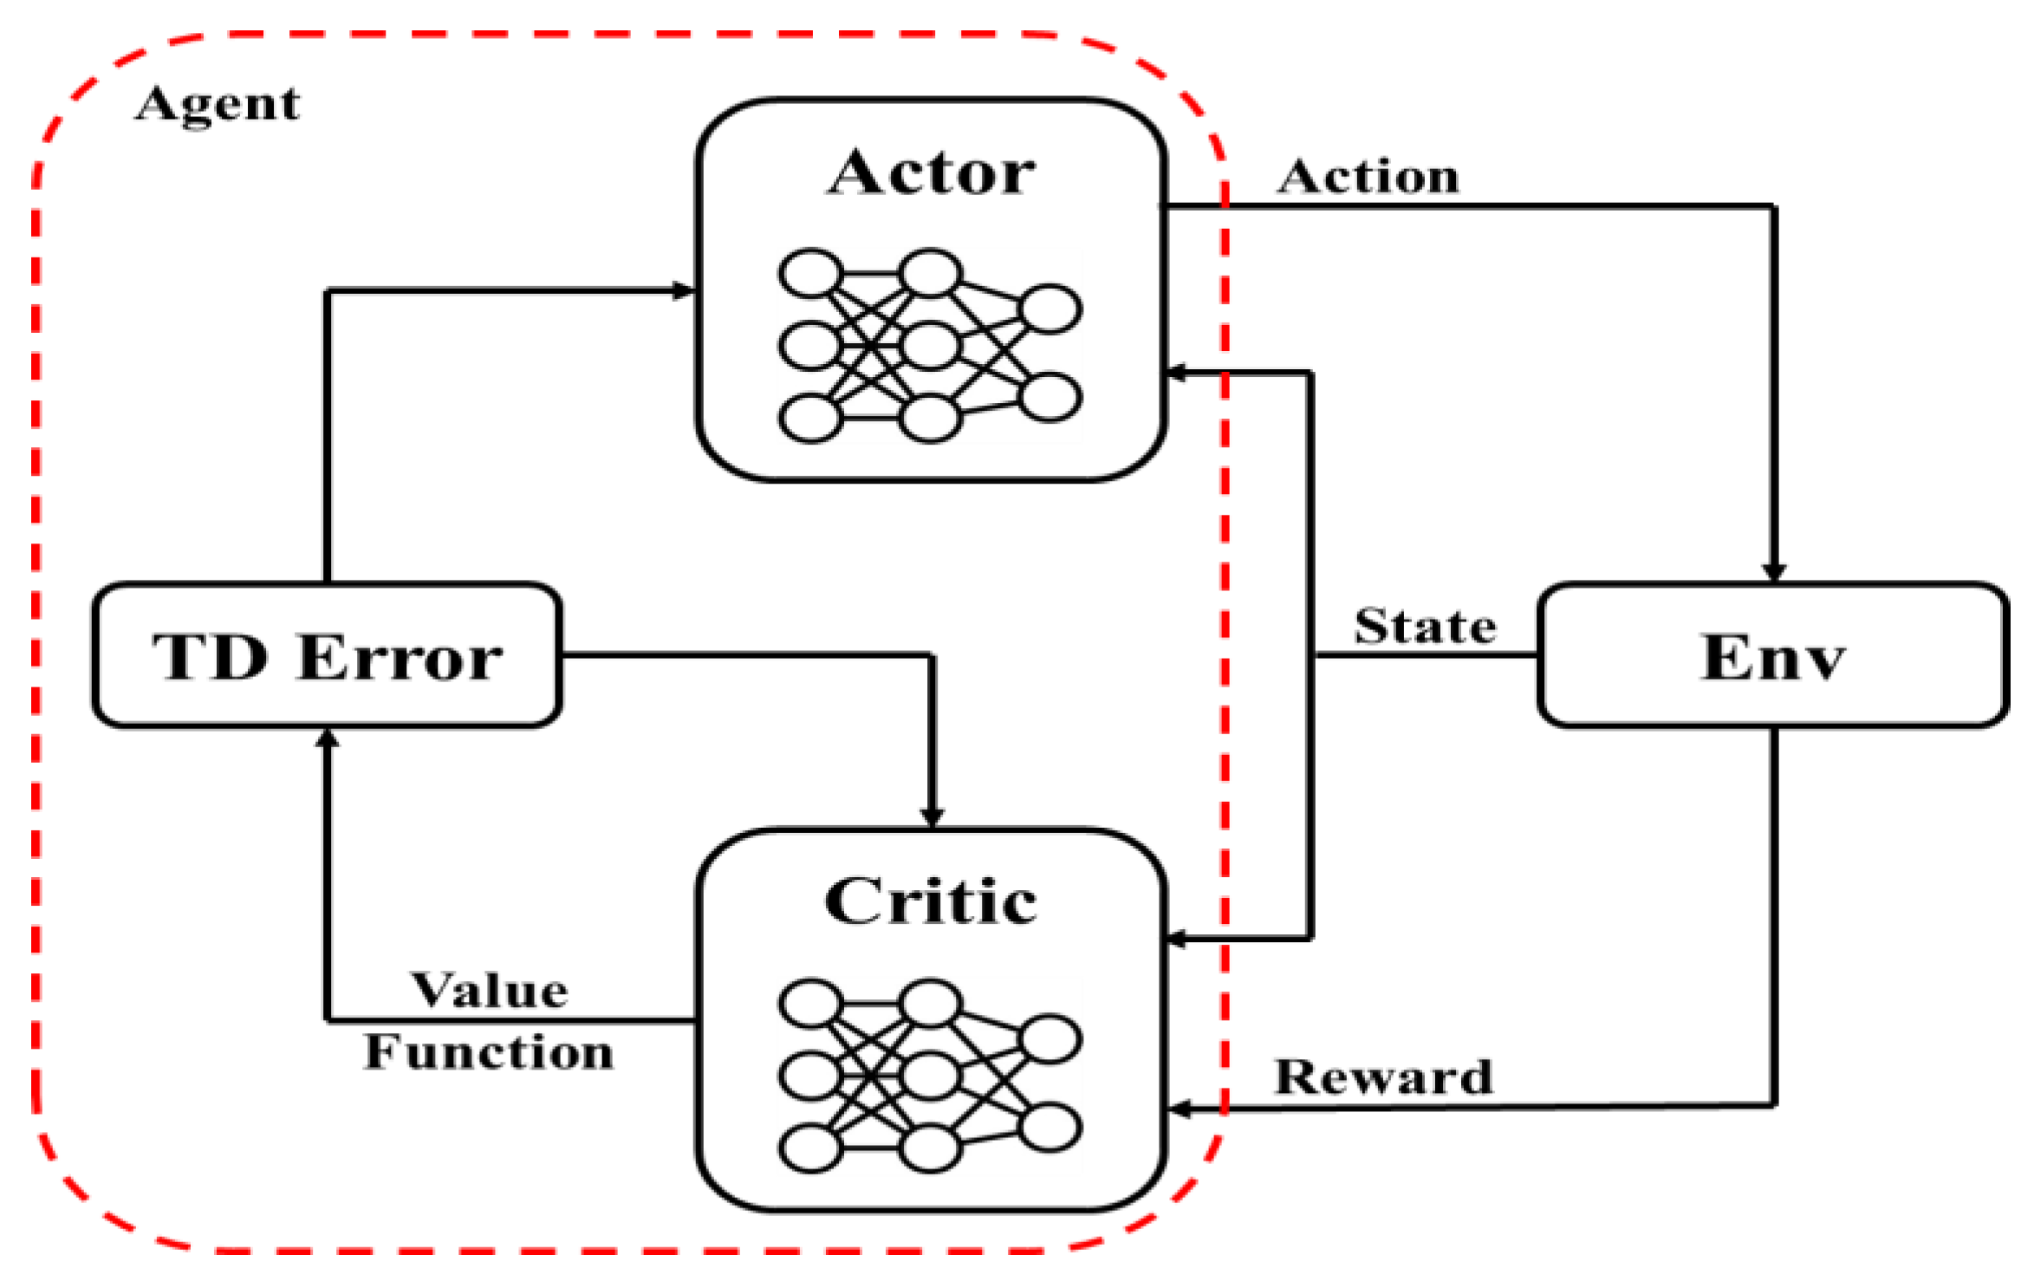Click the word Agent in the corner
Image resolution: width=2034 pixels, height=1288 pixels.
tap(218, 105)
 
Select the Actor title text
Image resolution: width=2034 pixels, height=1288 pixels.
tap(931, 172)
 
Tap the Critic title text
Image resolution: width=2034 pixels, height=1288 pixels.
tap(931, 901)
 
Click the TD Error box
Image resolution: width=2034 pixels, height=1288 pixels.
tap(327, 655)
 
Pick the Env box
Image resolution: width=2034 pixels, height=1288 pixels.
tap(1772, 655)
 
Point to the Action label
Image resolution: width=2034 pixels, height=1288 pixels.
tap(1368, 177)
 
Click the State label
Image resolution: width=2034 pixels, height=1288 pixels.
tap(1425, 626)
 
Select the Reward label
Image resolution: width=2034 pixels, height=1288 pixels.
tap(1383, 1077)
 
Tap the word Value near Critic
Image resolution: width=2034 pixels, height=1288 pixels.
tap(490, 990)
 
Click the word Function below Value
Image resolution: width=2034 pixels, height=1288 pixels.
tap(490, 1052)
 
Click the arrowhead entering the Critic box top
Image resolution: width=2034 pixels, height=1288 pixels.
tap(932, 817)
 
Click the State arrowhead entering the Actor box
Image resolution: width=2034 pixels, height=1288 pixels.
tap(1177, 373)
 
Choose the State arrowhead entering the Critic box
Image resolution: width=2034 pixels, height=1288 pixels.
tap(1177, 938)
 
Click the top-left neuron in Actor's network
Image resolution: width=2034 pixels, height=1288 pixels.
tap(810, 274)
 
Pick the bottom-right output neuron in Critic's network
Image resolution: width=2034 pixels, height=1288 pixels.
tap(1049, 1127)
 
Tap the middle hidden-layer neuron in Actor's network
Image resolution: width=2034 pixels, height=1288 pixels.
tap(930, 346)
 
